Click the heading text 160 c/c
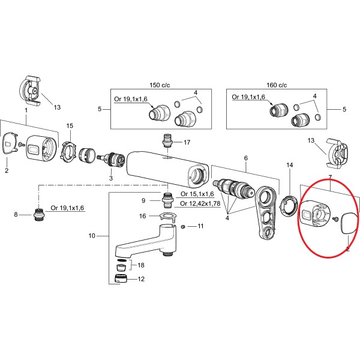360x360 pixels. click(276, 85)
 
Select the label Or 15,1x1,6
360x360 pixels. click(198, 194)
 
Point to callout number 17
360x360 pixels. click(187, 143)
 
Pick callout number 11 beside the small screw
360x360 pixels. click(201, 226)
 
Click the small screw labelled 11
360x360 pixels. click(184, 227)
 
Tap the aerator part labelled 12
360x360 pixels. click(121, 279)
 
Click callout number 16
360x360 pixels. click(142, 216)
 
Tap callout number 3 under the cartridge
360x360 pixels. click(110, 178)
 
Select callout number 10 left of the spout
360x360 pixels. click(92, 236)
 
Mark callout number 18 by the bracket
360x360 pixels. click(141, 265)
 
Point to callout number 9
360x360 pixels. click(143, 200)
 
